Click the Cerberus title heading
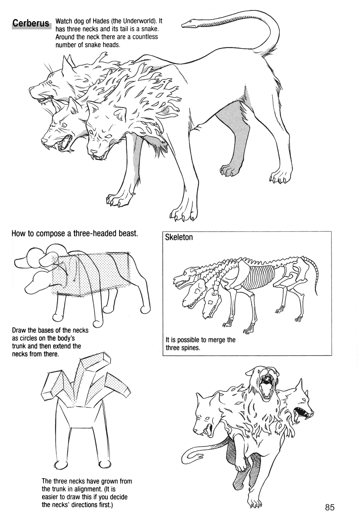tap(31, 23)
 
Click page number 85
tap(329, 508)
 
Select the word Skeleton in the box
tap(179, 237)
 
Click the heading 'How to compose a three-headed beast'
tap(75, 233)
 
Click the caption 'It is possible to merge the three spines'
tap(200, 344)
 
